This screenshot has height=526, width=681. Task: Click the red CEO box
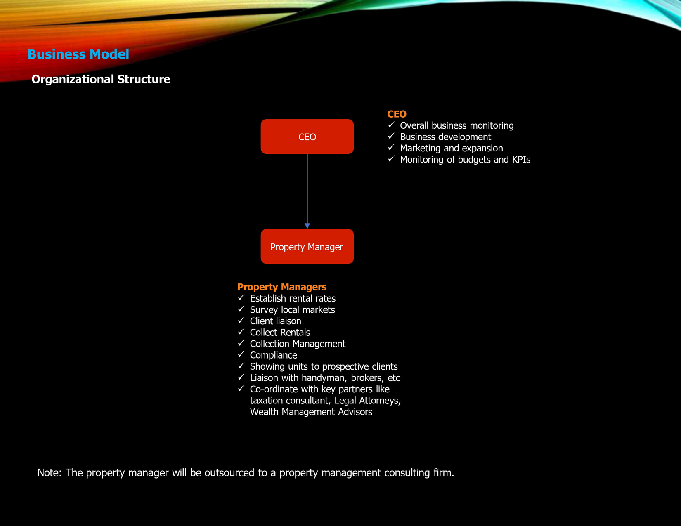[307, 137]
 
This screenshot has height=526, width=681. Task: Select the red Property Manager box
[307, 247]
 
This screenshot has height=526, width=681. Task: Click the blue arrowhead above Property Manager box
[307, 226]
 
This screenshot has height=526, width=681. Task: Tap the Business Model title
[78, 54]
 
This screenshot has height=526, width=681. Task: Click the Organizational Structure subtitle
[101, 79]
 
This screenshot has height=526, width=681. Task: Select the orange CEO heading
[397, 114]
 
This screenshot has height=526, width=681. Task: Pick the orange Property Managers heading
[282, 287]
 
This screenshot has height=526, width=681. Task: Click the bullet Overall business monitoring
[456, 126]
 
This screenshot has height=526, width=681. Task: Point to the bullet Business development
[445, 137]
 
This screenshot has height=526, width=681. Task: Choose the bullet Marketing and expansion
[451, 148]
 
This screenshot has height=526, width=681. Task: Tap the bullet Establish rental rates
[293, 299]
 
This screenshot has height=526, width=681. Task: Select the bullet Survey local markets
[292, 310]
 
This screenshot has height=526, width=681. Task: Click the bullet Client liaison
[275, 321]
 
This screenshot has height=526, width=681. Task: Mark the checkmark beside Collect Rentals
[241, 331]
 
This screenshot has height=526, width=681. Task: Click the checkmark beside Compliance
[241, 354]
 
